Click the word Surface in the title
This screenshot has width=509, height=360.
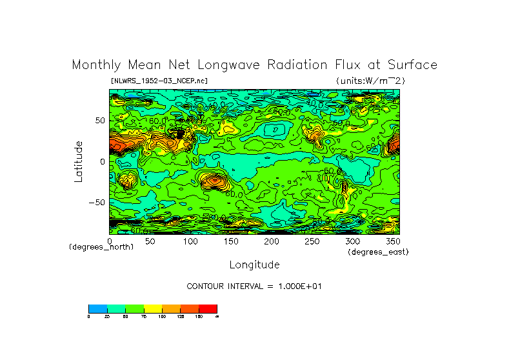pos(414,65)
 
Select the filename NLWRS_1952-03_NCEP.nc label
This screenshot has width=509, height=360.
pos(159,81)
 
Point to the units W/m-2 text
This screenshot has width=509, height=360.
pos(370,81)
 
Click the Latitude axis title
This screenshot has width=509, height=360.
pos(79,161)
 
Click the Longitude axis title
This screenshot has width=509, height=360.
pos(254,265)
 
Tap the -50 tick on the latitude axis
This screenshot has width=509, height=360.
pos(96,203)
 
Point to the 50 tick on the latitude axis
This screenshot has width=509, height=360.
pos(99,121)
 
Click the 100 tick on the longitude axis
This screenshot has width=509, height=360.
pos(190,241)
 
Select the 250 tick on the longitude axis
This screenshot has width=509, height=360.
pos(312,241)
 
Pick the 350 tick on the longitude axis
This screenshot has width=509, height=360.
pos(392,241)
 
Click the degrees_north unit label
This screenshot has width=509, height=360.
pos(101,247)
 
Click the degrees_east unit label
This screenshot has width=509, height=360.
pos(378,252)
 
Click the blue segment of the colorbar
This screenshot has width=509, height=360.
pos(97,308)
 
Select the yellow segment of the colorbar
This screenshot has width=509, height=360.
pos(152,308)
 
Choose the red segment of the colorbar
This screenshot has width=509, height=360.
pos(208,308)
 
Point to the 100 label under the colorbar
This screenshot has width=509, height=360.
pos(161,316)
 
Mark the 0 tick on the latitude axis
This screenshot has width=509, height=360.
pos(102,162)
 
